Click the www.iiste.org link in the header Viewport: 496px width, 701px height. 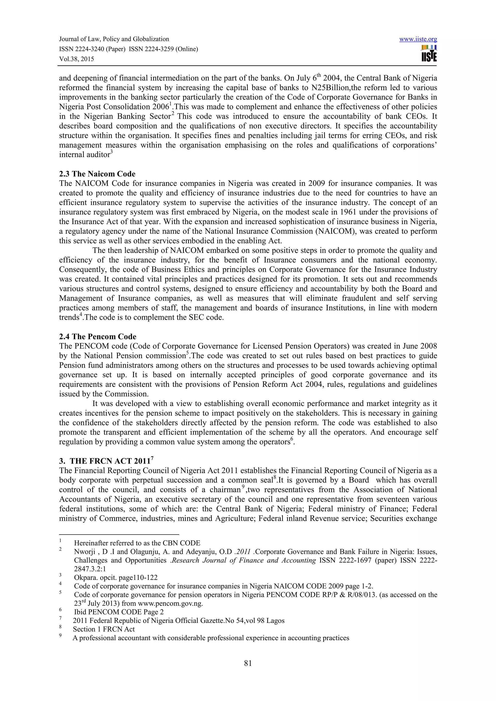click(x=418, y=39)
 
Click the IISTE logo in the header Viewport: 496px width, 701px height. click(x=429, y=54)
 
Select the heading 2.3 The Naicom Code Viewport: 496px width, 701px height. click(x=97, y=174)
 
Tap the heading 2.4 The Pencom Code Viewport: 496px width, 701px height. click(x=98, y=337)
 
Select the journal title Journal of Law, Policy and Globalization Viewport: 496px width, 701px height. click(x=114, y=39)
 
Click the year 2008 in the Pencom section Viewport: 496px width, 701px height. click(x=428, y=346)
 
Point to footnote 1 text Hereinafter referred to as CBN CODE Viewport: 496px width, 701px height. click(x=137, y=543)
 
